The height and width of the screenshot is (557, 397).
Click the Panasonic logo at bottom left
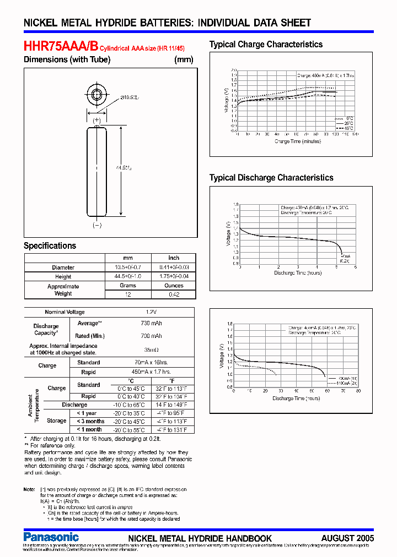(51, 537)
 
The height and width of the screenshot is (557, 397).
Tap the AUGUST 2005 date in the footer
(347, 538)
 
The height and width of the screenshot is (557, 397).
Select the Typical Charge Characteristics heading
(266, 45)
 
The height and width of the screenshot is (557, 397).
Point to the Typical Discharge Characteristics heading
(271, 178)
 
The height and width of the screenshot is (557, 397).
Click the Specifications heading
(50, 245)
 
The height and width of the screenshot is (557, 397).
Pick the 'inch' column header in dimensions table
(174, 258)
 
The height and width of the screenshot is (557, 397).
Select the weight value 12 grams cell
(128, 294)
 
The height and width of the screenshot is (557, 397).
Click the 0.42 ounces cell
(174, 294)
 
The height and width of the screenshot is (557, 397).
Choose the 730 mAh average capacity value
(151, 324)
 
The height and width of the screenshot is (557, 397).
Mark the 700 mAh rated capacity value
(151, 336)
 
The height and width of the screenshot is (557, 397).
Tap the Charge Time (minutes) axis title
(298, 141)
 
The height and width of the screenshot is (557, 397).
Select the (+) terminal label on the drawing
(97, 119)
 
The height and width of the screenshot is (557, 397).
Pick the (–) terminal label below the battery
(97, 225)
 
